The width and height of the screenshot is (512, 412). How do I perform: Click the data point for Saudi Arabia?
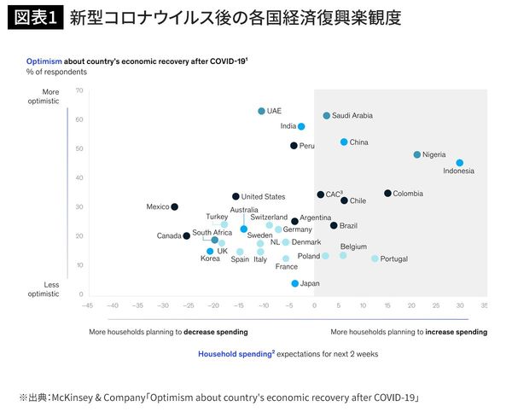326,115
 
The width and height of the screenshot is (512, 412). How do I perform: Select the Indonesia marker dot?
459,163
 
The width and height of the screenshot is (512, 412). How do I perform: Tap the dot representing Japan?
294,283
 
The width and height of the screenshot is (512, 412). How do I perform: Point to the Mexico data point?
174,206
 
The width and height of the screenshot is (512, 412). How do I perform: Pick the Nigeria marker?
416,154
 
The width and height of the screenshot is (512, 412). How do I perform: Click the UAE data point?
261,111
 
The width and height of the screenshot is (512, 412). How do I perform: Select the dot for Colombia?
387,193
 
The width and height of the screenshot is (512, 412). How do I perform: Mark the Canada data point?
186,235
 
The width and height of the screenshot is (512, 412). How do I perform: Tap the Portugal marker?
375,258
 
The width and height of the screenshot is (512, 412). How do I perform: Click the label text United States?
263,197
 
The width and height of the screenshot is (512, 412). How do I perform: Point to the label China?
359,142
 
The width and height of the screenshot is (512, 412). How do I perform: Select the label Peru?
307,146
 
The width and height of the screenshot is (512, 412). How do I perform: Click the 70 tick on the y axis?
79,90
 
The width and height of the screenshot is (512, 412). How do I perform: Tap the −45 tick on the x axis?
87,304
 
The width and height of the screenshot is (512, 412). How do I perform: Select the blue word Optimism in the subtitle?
44,62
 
